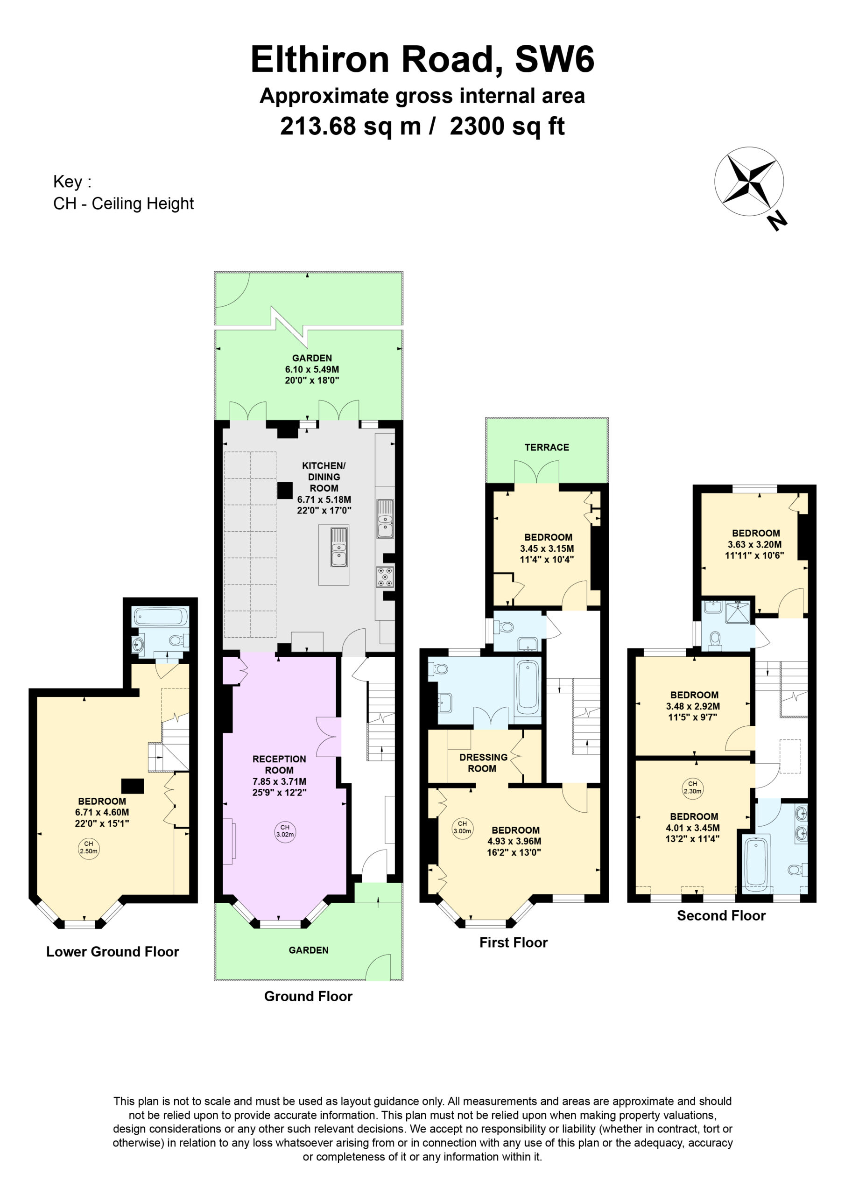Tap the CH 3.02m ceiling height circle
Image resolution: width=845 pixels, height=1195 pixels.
pos(285,831)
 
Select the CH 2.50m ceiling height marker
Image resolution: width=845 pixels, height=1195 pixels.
pos(89,848)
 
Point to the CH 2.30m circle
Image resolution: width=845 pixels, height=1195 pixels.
pos(692,787)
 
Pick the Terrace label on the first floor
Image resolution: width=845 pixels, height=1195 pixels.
pos(547,447)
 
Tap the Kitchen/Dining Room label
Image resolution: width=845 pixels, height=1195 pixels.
pos(324,477)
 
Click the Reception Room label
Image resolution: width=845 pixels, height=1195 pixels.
pos(279,765)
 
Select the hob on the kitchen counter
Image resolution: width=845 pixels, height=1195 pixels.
pos(385,576)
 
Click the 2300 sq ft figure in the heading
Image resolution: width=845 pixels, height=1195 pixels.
pos(507,126)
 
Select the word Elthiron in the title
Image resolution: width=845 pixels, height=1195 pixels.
pos(320,59)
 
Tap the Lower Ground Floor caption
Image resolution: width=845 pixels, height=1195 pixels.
pos(113,951)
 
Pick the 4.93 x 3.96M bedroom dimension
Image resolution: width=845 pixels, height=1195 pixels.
pos(514,841)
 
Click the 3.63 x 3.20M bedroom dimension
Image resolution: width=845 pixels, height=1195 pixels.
pos(754,544)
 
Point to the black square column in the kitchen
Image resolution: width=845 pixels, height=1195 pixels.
pos(285,490)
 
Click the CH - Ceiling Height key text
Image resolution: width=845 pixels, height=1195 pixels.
pos(123,204)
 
